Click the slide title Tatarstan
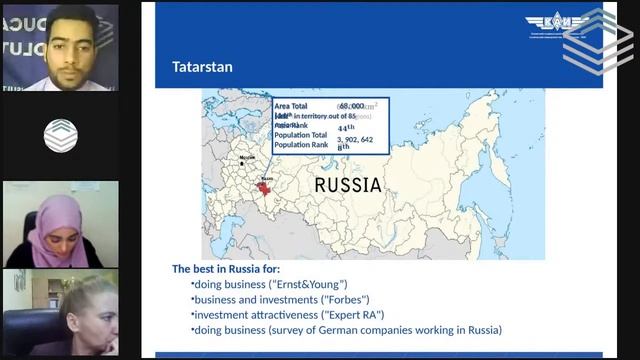(x=204, y=68)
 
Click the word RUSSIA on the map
(x=348, y=185)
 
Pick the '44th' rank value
(x=346, y=127)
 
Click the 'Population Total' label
(x=300, y=136)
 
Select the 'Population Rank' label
(x=300, y=146)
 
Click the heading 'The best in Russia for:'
(x=226, y=269)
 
